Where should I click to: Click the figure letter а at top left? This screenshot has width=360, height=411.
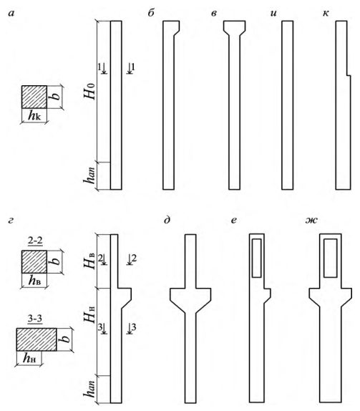(11, 14)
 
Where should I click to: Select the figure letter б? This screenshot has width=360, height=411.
(151, 13)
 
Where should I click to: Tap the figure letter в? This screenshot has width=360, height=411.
(214, 14)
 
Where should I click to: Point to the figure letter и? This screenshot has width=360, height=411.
(273, 14)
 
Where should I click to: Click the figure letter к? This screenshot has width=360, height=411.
(326, 14)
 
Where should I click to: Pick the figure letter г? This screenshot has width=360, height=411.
(11, 221)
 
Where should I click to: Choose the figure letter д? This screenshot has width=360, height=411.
(167, 221)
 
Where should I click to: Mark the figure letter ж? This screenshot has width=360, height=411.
(311, 221)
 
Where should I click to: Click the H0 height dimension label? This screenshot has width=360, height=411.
(89, 92)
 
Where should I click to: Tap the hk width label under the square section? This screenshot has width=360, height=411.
(34, 115)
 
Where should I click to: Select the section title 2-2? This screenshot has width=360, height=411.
(35, 241)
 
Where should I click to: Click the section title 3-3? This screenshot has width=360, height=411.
(35, 319)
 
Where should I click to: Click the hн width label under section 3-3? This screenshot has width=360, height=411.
(29, 358)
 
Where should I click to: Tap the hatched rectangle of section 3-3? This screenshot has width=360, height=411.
(37, 339)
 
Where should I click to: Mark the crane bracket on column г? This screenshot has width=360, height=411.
(125, 297)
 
